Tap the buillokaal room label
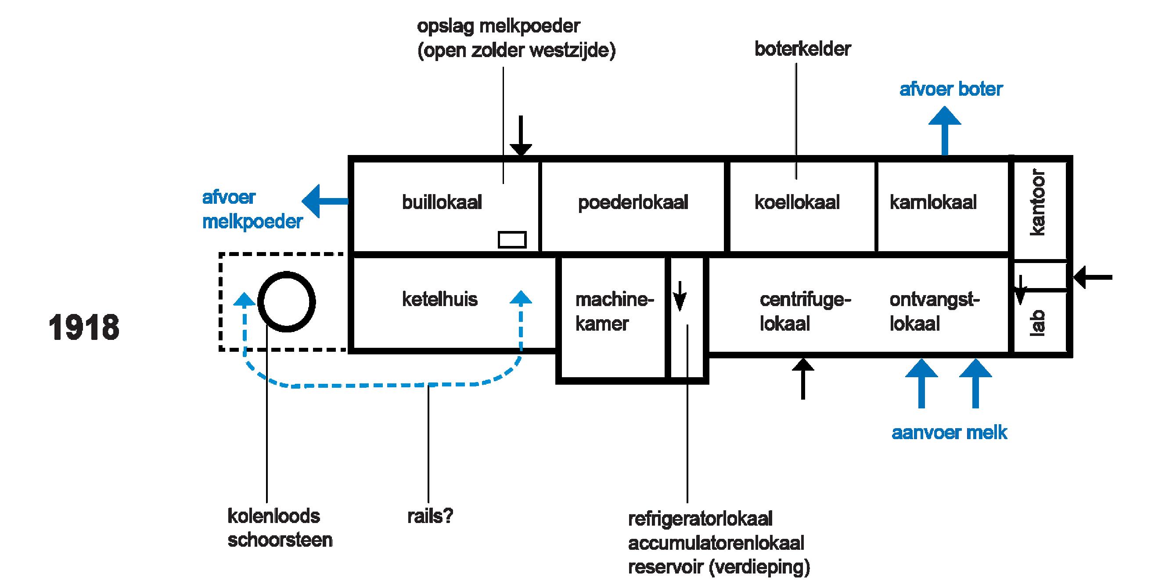(442, 202)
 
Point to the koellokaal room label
(797, 202)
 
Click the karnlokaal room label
(933, 202)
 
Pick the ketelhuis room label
(439, 299)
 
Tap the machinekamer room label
(615, 311)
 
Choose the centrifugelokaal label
(805, 312)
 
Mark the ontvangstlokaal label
(934, 312)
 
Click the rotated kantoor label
(1037, 202)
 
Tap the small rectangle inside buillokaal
(512, 240)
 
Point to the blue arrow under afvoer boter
(945, 131)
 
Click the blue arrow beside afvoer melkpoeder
(325, 201)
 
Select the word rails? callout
(430, 516)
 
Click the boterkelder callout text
(802, 49)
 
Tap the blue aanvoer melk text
(949, 433)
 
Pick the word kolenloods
(274, 516)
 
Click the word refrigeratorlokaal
(700, 519)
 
